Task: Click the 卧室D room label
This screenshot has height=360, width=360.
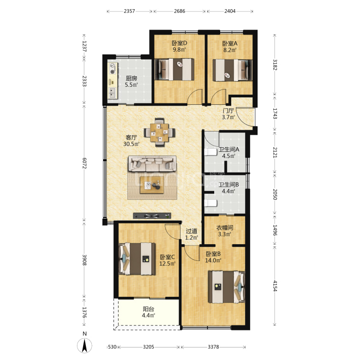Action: [x=180, y=43]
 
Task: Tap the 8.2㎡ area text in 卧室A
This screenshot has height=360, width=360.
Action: [x=230, y=50]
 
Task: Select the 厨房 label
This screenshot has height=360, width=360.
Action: [x=132, y=78]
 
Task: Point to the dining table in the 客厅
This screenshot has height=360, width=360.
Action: [x=160, y=132]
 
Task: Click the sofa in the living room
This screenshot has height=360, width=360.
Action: [x=152, y=164]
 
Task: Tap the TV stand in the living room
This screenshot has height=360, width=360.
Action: [x=152, y=216]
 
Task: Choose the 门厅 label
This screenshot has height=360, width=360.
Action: [x=228, y=111]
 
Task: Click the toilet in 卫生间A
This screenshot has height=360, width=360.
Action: [x=210, y=152]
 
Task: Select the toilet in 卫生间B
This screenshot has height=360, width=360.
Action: [x=210, y=203]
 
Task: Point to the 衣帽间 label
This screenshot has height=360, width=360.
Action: [x=225, y=228]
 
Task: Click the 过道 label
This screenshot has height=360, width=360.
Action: [x=192, y=231]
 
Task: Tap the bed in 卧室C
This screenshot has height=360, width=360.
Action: [x=137, y=258]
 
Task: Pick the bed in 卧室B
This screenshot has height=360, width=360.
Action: [x=227, y=287]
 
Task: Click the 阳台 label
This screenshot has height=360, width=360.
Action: [x=149, y=309]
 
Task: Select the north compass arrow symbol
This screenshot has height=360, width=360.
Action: [x=84, y=346]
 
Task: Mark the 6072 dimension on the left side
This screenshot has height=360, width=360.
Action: [x=84, y=163]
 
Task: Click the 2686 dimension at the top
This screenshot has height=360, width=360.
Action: [x=180, y=11]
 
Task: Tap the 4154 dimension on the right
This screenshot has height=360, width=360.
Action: [x=275, y=286]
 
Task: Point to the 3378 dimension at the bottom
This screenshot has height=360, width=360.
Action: [x=213, y=347]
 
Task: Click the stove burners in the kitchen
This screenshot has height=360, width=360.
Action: [x=113, y=68]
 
